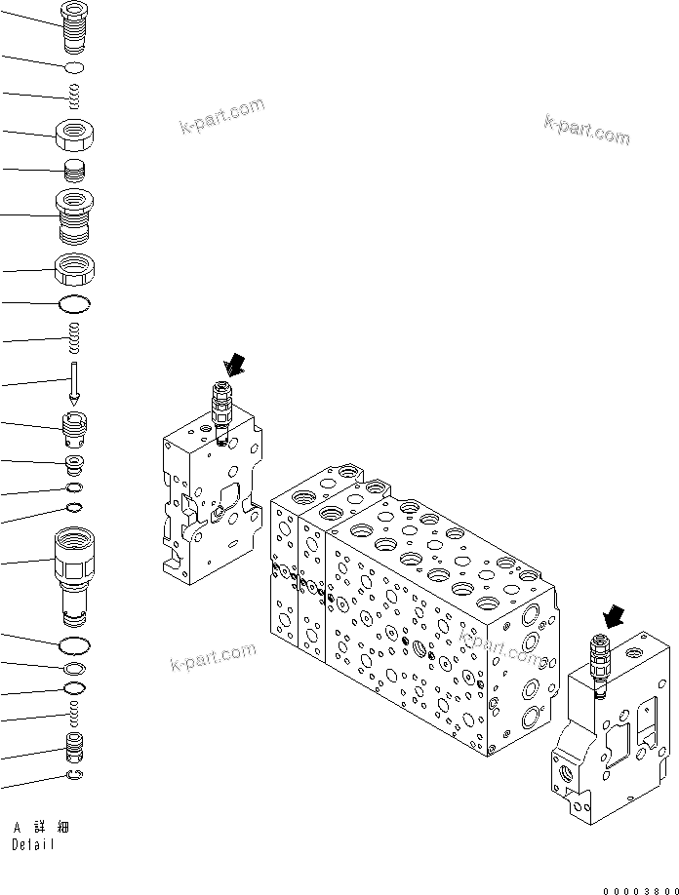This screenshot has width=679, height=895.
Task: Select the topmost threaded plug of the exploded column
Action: [74, 23]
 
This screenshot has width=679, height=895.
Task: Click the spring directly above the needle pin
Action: [74, 339]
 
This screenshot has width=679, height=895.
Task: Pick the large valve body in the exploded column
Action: [74, 572]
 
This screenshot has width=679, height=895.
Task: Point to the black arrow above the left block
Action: [235, 366]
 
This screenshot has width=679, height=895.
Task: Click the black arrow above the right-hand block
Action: [614, 616]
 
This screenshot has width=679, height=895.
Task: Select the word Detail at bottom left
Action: [33, 845]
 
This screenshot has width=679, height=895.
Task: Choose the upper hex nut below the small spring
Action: [74, 133]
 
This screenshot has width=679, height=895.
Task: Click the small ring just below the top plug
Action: [74, 66]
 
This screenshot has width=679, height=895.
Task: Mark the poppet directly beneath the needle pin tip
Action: [74, 426]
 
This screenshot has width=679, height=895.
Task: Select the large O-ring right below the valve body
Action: [74, 644]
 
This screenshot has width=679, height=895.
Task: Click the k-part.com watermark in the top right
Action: [586, 129]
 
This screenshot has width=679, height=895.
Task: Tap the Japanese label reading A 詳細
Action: [40, 828]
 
